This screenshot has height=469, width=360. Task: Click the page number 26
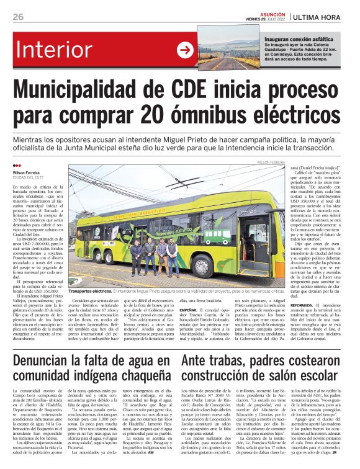18,16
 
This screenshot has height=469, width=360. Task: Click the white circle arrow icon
186,50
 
